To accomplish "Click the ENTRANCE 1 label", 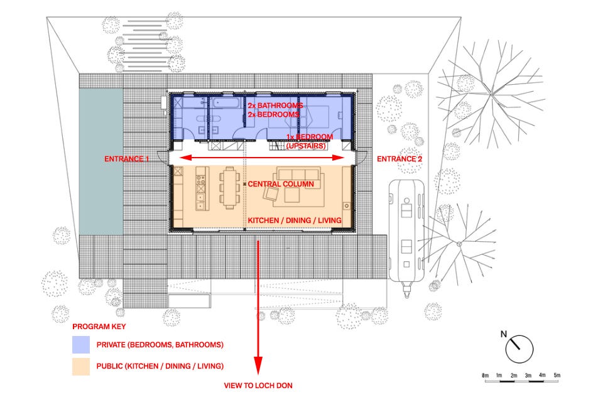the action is (x=127, y=159).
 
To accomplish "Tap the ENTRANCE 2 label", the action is (x=400, y=159).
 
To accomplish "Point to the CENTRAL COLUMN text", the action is (x=281, y=184).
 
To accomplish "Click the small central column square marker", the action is (x=245, y=184).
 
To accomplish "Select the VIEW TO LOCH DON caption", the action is (x=258, y=386).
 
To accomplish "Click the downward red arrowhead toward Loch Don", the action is (x=258, y=365).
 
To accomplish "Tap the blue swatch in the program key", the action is (x=81, y=345).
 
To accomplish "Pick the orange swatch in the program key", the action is (x=81, y=366).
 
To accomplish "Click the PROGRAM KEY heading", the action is (x=99, y=327).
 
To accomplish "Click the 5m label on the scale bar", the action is (x=557, y=376).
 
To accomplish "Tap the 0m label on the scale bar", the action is (x=485, y=376).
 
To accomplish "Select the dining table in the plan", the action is (x=229, y=188).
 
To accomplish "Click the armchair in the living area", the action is (x=271, y=194).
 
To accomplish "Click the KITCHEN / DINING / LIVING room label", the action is (x=294, y=220).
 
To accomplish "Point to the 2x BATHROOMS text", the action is (x=275, y=106).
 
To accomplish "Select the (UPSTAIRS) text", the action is (x=306, y=146).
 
